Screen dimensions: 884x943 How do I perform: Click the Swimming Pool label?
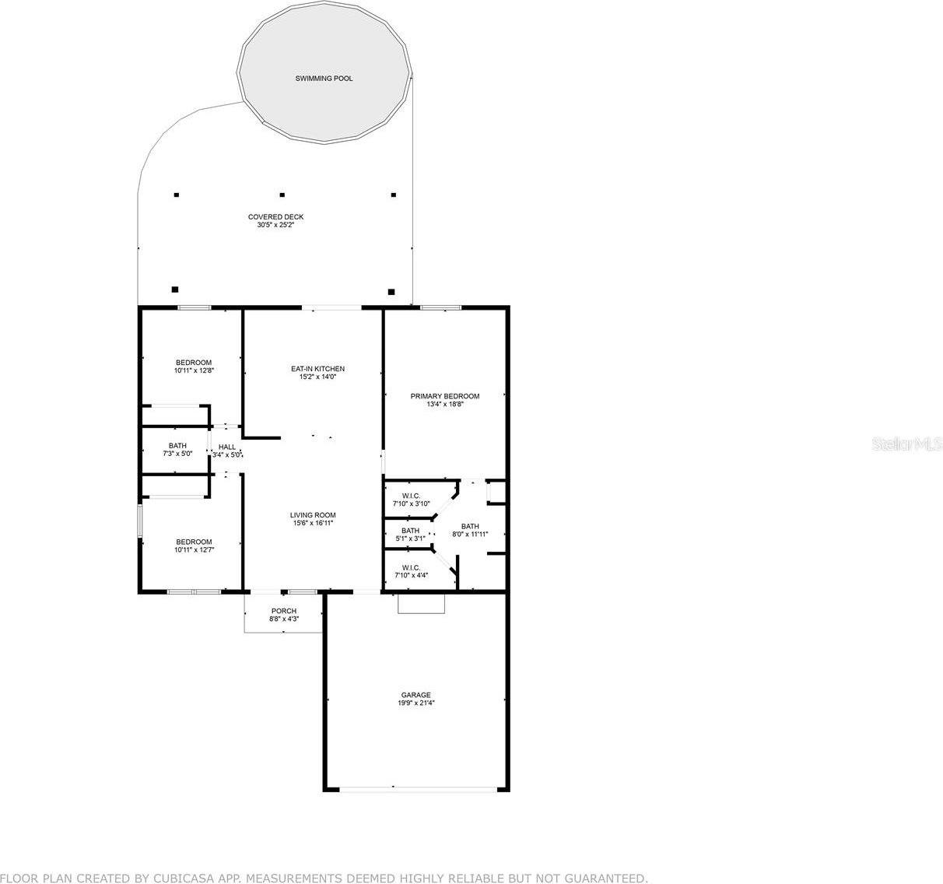click(x=324, y=79)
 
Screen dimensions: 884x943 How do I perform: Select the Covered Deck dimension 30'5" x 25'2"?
click(x=275, y=226)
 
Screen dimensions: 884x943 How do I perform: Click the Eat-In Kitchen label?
click(x=317, y=369)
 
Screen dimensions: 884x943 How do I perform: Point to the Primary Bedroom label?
click(x=445, y=396)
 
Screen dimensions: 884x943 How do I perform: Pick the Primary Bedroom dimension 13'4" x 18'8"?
click(x=445, y=405)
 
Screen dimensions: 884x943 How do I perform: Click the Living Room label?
click(x=313, y=515)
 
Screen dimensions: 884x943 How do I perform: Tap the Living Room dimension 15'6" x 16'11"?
click(x=313, y=524)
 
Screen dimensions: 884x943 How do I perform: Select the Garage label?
click(x=415, y=695)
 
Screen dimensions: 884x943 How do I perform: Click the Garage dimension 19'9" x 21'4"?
click(x=415, y=703)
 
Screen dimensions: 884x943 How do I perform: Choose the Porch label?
click(x=283, y=611)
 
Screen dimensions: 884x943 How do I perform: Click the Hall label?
click(x=227, y=447)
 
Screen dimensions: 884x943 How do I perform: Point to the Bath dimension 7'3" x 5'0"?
click(x=177, y=454)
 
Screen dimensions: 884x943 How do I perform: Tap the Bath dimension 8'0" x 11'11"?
click(x=470, y=535)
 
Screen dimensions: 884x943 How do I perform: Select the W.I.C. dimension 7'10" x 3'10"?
click(x=411, y=503)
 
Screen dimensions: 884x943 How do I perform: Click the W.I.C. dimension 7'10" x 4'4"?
click(x=411, y=576)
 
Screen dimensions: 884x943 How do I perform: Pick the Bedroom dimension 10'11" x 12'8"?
click(x=193, y=371)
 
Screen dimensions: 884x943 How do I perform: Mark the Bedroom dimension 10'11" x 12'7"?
click(x=193, y=550)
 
